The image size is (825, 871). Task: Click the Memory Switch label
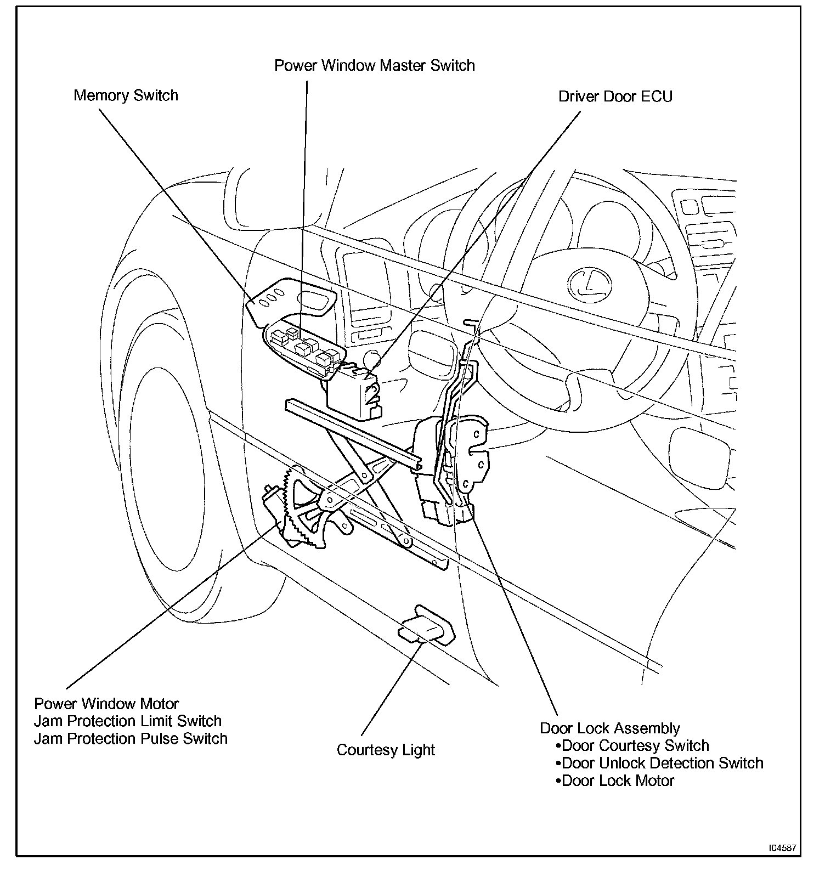click(x=126, y=95)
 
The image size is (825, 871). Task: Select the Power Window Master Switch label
click(x=374, y=66)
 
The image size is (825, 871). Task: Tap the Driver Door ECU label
click(x=615, y=97)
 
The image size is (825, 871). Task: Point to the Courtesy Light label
click(x=386, y=750)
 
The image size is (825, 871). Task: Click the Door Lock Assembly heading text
click(x=609, y=728)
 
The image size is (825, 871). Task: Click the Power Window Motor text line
click(x=106, y=704)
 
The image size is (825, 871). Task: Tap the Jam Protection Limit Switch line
click(x=128, y=721)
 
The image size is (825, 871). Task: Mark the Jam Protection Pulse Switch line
click(x=131, y=739)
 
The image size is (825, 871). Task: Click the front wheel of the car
click(x=165, y=466)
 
